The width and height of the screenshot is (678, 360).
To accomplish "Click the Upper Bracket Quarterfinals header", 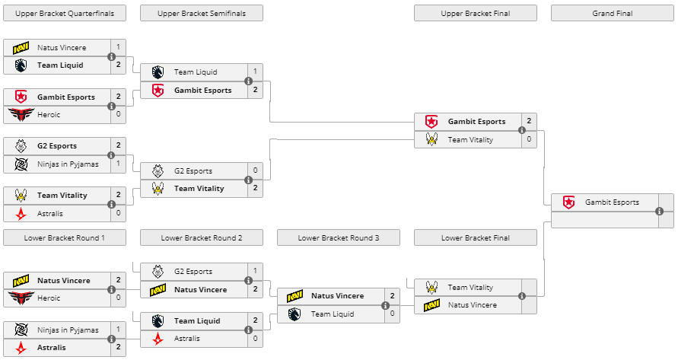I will (65, 13).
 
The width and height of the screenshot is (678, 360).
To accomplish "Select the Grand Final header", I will (612, 13).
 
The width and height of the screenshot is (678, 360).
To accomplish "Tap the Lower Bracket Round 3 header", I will (338, 238).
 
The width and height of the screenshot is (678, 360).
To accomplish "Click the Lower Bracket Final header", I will (475, 238).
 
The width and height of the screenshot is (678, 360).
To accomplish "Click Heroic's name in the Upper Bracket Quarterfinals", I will (49, 115).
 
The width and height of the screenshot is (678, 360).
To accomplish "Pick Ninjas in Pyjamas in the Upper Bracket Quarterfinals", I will (68, 164).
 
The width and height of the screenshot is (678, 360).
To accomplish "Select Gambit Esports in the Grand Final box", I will (612, 202).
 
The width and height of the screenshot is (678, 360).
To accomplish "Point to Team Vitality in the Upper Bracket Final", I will (470, 139).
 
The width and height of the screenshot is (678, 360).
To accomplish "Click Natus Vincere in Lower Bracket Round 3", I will (337, 296).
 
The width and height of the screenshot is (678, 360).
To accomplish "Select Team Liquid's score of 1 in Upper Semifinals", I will (255, 72).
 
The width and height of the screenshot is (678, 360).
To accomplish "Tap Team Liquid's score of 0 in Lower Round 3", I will (392, 314).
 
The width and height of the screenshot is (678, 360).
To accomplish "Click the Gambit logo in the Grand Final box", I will (568, 202).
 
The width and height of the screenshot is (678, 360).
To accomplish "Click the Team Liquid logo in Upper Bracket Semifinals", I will (158, 72).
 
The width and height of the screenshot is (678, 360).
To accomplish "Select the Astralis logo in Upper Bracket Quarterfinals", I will (21, 214).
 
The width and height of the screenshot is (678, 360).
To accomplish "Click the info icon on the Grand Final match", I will (660, 211).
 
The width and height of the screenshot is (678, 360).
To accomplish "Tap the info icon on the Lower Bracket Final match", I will (522, 296).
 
